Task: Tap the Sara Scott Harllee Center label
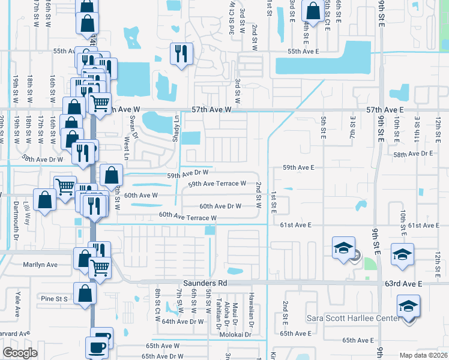352,317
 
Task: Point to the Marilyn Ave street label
40,265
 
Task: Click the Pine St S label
53,298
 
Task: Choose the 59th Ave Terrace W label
217,184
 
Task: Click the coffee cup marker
97,347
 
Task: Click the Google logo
20,353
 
